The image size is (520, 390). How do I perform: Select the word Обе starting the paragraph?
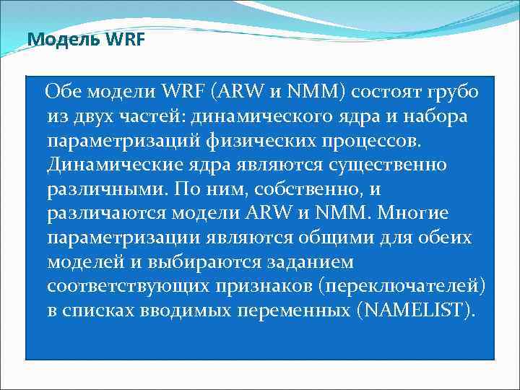tap(62, 92)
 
